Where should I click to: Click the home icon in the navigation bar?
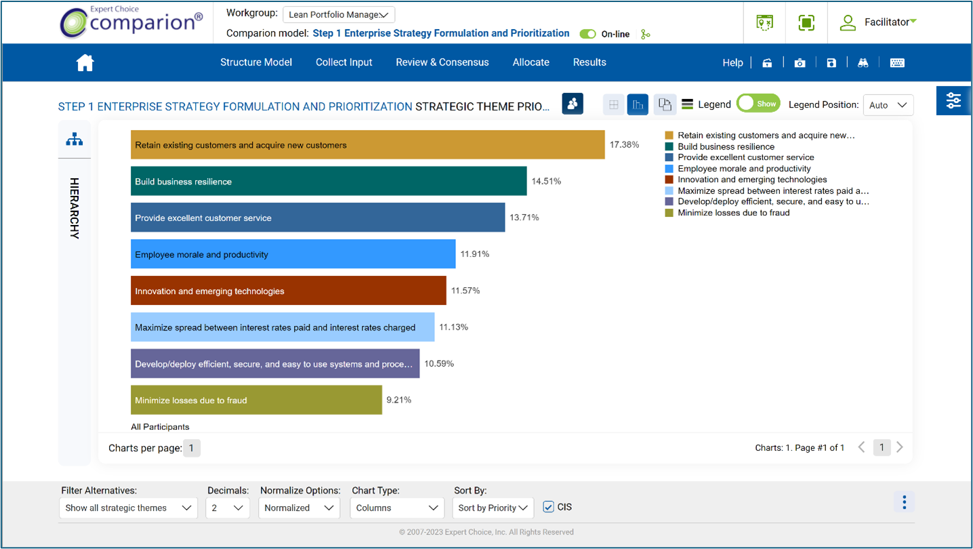tap(85, 63)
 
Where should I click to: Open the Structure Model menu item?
tap(255, 62)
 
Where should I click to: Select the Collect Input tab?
tap(344, 62)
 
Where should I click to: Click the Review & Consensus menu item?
tap(442, 62)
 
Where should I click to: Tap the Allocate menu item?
tap(531, 62)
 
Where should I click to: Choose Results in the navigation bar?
tap(589, 62)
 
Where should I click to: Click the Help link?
tap(732, 62)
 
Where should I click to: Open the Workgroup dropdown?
tap(338, 15)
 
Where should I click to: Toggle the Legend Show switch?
tap(758, 104)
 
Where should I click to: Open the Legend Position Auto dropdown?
tap(888, 105)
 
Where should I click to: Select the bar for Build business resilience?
tap(329, 182)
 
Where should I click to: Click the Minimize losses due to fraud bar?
tap(256, 400)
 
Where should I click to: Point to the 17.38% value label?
tap(624, 144)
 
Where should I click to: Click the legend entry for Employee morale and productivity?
tap(743, 169)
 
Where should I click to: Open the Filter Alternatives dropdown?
tap(128, 508)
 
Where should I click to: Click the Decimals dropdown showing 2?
tap(227, 508)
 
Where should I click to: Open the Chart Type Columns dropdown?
tap(396, 508)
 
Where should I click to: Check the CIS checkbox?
tap(549, 507)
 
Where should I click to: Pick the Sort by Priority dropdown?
tap(493, 508)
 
